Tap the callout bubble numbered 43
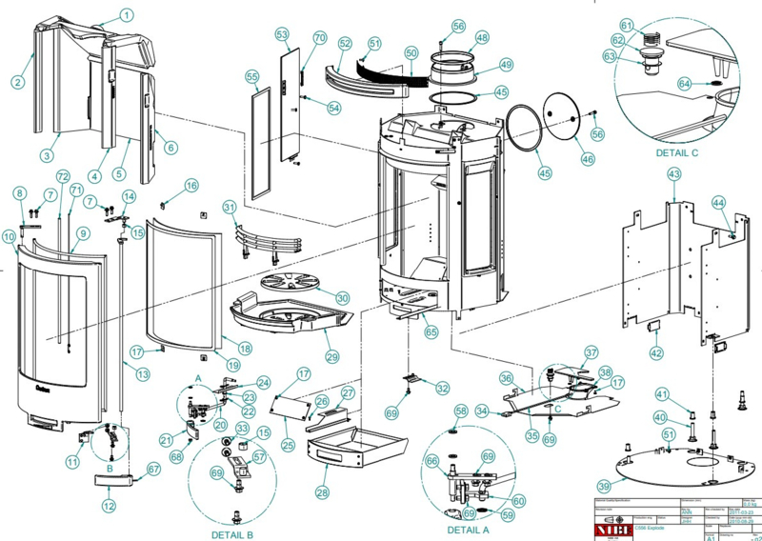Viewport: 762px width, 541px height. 673,174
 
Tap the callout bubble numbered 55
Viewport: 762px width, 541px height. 252,75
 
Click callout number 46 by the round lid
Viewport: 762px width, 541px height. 587,161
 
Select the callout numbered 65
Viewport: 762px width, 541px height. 431,332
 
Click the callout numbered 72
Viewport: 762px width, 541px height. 63,176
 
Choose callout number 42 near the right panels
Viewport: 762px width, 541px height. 655,353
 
